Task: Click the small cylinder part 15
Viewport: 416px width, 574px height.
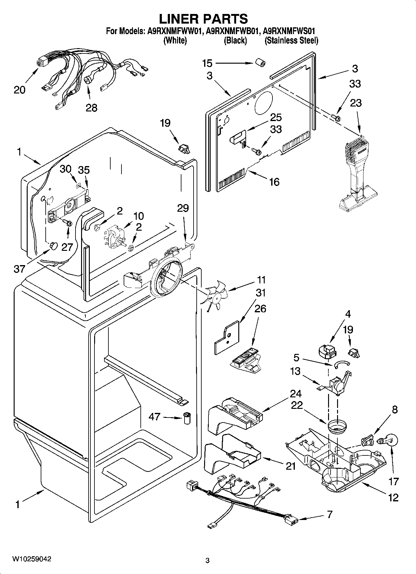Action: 260,63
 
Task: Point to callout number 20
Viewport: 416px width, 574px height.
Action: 20,90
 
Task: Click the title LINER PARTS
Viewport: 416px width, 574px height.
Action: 203,19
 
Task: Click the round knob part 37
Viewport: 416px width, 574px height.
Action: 53,246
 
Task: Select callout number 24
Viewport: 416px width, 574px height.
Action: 295,394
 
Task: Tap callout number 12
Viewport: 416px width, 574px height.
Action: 393,498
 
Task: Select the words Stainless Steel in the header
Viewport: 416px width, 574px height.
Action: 292,40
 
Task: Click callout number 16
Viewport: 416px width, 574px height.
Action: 274,182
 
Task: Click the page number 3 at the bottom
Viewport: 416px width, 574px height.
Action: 208,561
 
